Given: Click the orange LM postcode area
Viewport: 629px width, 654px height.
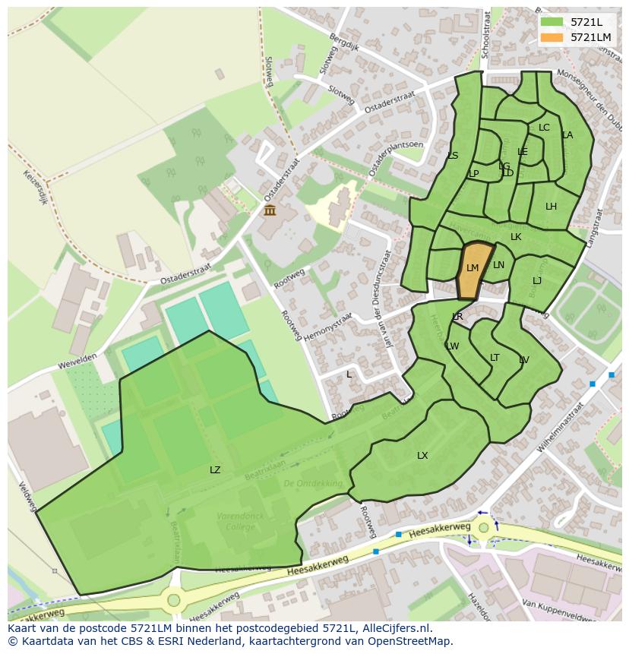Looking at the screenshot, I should pyautogui.click(x=473, y=273).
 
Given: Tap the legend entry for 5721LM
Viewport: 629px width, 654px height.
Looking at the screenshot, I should pyautogui.click(x=590, y=37).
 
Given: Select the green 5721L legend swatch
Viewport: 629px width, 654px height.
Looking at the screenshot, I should pyautogui.click(x=552, y=22).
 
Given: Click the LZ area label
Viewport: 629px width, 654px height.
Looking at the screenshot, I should pyautogui.click(x=215, y=470).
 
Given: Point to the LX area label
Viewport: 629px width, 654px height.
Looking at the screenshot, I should pyautogui.click(x=422, y=456).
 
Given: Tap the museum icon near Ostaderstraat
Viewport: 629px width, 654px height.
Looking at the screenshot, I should pyautogui.click(x=270, y=210).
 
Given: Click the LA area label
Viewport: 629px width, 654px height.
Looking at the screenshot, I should pyautogui.click(x=567, y=135).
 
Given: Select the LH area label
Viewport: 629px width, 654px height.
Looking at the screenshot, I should pyautogui.click(x=551, y=207).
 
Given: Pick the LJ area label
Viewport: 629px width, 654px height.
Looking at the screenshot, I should pyautogui.click(x=537, y=281).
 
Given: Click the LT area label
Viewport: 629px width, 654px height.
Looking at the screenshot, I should pyautogui.click(x=495, y=358).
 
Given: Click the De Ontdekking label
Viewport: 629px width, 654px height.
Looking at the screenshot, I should pyautogui.click(x=313, y=483).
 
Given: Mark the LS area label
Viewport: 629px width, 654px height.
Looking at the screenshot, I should pyautogui.click(x=453, y=156).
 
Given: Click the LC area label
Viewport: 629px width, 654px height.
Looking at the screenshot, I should pyautogui.click(x=544, y=128).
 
